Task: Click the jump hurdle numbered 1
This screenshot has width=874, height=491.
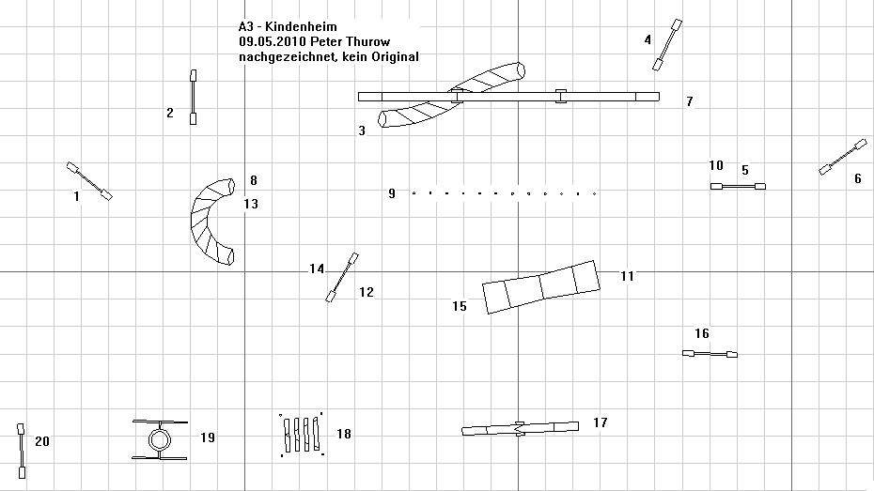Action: (x=89, y=181)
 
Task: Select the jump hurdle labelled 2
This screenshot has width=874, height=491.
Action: (x=194, y=97)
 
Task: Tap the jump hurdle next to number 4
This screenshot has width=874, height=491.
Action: (x=667, y=44)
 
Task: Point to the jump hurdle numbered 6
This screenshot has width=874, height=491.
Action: (x=842, y=157)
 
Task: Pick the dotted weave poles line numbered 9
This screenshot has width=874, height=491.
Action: (x=504, y=193)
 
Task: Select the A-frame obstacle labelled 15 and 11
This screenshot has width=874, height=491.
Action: (x=541, y=286)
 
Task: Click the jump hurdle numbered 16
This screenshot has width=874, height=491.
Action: (x=710, y=354)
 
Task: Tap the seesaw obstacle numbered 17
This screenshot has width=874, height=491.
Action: (x=520, y=428)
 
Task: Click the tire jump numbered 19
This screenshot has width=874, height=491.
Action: (x=159, y=438)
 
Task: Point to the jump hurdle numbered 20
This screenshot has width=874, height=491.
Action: (x=21, y=451)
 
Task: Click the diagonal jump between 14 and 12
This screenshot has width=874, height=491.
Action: (x=342, y=277)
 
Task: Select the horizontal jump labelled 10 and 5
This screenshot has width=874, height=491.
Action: (x=738, y=187)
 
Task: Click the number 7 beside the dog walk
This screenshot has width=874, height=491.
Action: (x=689, y=101)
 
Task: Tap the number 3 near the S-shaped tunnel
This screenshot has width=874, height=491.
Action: (x=362, y=131)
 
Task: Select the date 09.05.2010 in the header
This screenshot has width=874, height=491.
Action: (x=268, y=42)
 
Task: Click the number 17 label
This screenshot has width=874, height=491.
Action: (x=600, y=423)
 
